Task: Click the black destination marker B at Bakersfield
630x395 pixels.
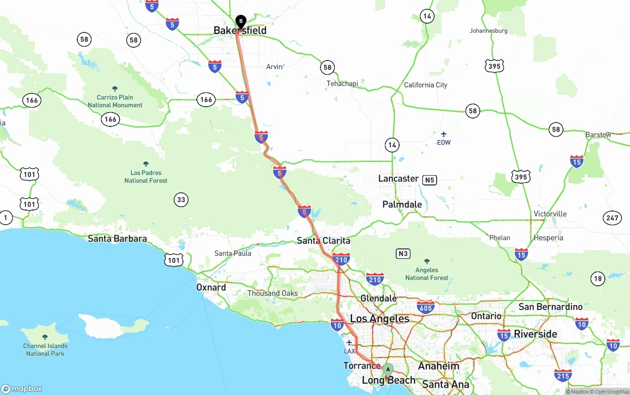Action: click(241, 21)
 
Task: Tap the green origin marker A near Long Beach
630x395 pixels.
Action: click(388, 369)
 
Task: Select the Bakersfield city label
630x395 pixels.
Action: click(240, 30)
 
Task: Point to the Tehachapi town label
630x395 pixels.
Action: click(342, 84)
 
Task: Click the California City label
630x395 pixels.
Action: click(425, 85)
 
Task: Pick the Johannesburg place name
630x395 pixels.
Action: click(488, 30)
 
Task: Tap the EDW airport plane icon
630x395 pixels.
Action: click(443, 134)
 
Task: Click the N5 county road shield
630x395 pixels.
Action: click(430, 180)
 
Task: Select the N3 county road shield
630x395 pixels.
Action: click(403, 254)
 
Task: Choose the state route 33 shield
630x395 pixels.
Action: click(181, 199)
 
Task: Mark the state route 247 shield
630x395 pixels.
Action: click(612, 218)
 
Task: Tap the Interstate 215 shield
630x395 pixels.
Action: click(563, 376)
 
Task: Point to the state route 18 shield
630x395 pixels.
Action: click(598, 279)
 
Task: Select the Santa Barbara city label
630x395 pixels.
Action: click(117, 239)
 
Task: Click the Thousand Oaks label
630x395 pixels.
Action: click(272, 293)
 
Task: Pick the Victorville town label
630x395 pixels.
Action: click(550, 214)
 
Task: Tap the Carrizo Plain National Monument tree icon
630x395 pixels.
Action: click(115, 89)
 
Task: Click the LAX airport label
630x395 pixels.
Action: click(349, 351)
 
